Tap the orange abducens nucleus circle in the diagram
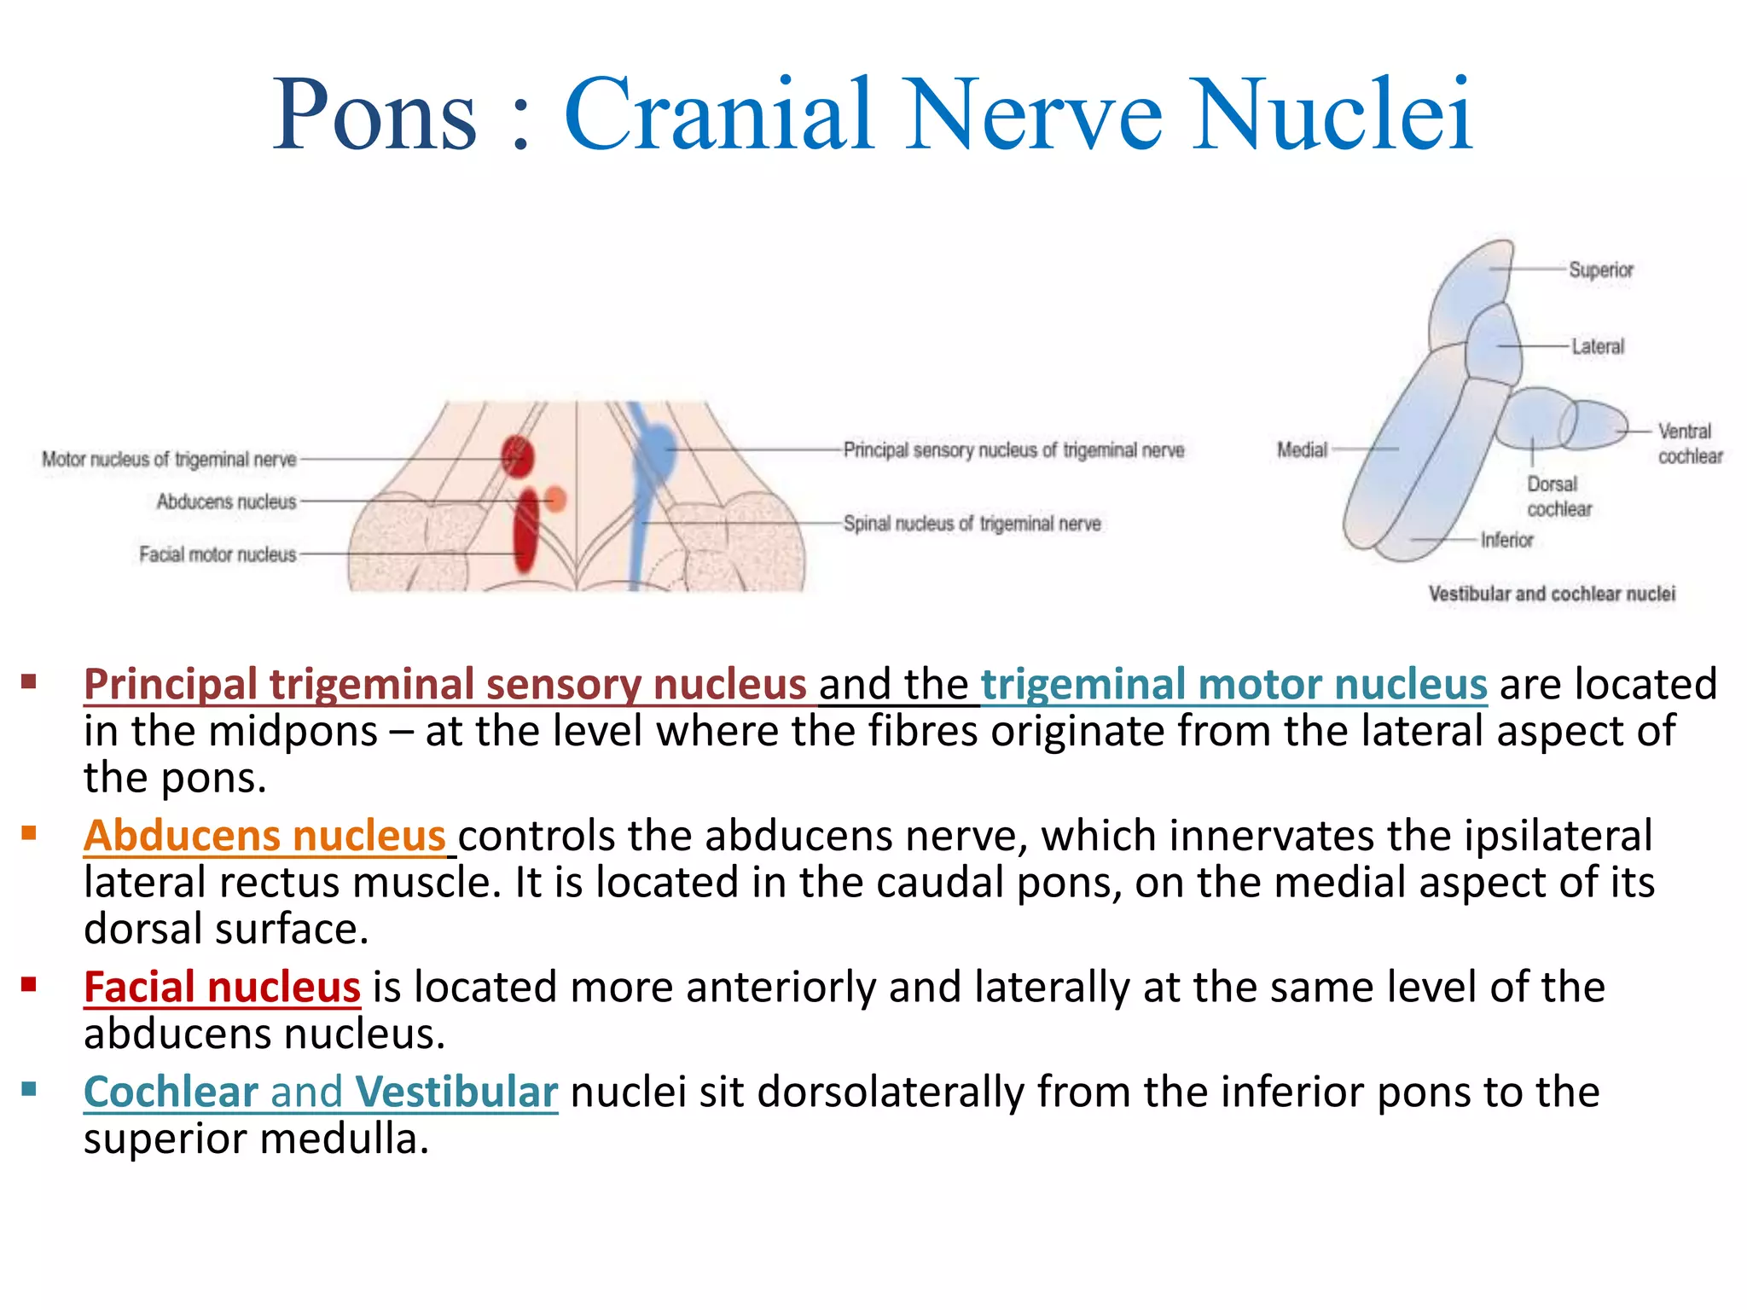[x=555, y=498]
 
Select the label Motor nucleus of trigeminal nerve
[x=169, y=460]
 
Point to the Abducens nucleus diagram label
[x=226, y=501]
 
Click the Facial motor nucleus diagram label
[x=218, y=554]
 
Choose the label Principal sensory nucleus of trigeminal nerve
[x=1013, y=449]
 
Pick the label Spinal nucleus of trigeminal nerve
[x=972, y=523]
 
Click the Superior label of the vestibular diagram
[x=1600, y=270]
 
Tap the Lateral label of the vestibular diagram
[x=1598, y=346]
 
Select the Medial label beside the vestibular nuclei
[x=1302, y=449]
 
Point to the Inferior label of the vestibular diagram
[x=1506, y=540]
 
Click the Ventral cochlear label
[x=1689, y=443]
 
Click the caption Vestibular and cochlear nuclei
[x=1552, y=594]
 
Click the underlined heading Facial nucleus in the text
[x=222, y=987]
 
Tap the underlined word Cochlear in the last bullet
[x=171, y=1092]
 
